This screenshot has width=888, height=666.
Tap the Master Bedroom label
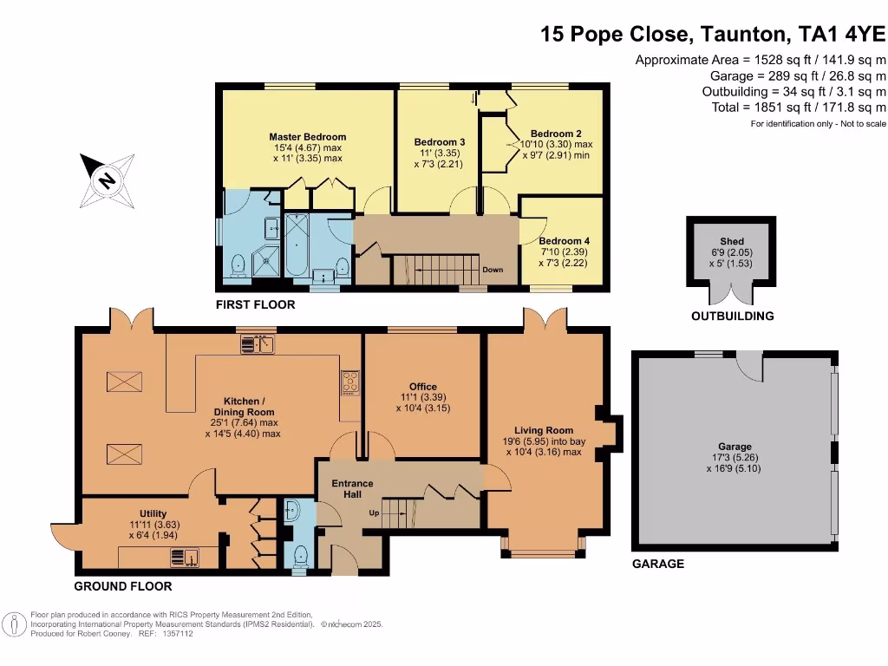[x=307, y=137]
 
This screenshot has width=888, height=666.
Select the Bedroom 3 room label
[x=439, y=142]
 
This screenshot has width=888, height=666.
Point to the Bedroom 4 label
[x=564, y=241]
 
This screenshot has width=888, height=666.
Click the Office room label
[x=423, y=387]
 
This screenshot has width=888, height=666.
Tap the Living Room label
[x=544, y=430]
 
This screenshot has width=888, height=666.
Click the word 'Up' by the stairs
[x=375, y=513]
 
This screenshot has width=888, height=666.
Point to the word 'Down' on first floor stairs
[x=493, y=270]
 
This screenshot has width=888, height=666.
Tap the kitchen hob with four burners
[x=351, y=379]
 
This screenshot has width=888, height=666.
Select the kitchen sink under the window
[x=258, y=344]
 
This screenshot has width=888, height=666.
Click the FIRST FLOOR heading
[x=257, y=304]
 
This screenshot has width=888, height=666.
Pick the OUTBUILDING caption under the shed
[x=732, y=317]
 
